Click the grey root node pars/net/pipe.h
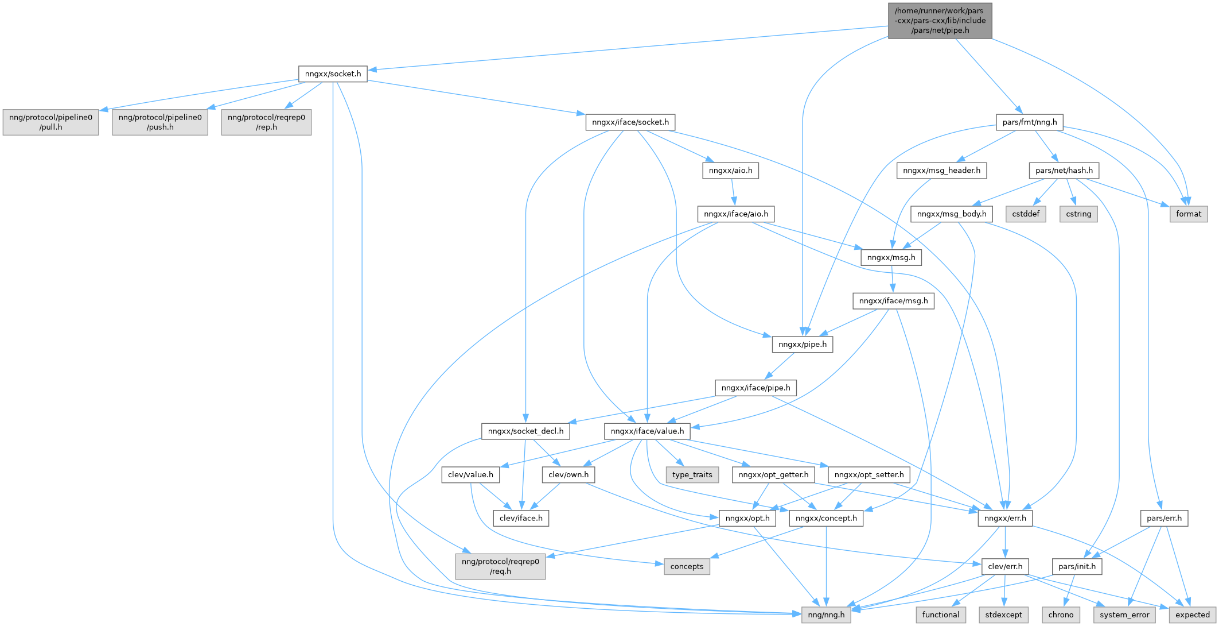tap(940, 21)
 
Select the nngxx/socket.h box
tap(333, 74)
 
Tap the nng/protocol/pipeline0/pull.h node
tap(50, 122)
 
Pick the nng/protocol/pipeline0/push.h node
tap(160, 122)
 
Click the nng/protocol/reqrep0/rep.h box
tap(266, 122)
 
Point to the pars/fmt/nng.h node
tap(1030, 122)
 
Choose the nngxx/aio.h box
tap(730, 171)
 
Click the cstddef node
tap(1026, 214)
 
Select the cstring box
tap(1078, 214)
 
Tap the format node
tap(1189, 214)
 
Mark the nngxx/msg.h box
tap(891, 258)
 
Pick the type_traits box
tap(692, 475)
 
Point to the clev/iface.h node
tap(521, 518)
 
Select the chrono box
tap(1061, 615)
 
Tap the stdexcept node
tap(1003, 615)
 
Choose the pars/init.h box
tap(1077, 567)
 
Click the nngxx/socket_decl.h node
tap(525, 431)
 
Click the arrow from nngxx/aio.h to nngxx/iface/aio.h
tap(733, 192)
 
